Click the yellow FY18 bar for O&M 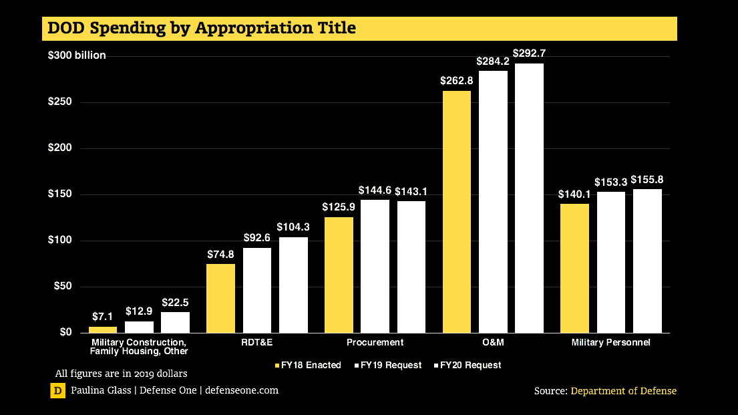[x=456, y=212]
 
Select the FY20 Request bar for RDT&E [x=293, y=285]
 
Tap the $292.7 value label [x=528, y=52]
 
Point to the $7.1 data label [x=102, y=315]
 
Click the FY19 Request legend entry [x=391, y=365]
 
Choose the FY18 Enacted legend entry [x=308, y=365]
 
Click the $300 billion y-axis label [x=77, y=55]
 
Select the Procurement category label [x=375, y=342]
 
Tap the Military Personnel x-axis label [x=610, y=342]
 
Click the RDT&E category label [x=257, y=342]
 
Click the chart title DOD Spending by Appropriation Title [x=200, y=28]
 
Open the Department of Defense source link [x=623, y=391]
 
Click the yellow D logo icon [x=58, y=391]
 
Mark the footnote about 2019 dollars [x=121, y=373]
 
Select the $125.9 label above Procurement [x=338, y=207]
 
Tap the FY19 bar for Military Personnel [x=610, y=262]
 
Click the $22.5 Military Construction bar [x=175, y=322]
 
